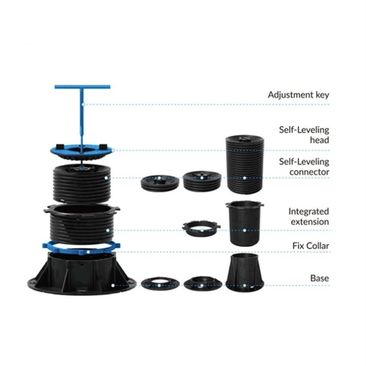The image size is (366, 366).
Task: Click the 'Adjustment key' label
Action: click(298, 95)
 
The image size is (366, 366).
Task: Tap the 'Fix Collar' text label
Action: click(311, 246)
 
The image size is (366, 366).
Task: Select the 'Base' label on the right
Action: click(319, 278)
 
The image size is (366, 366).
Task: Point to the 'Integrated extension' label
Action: click(309, 217)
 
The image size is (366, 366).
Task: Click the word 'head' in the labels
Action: click(319, 140)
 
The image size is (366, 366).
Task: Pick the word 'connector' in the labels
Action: click(309, 172)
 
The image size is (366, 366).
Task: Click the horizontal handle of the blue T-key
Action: click(82, 87)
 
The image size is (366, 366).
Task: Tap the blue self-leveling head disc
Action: click(81, 152)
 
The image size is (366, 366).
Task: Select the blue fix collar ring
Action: click(81, 248)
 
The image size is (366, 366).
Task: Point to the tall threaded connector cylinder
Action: click(245, 164)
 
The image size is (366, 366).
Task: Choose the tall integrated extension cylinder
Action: click(245, 223)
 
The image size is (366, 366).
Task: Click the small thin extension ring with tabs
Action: click(201, 229)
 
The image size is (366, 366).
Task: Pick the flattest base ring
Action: click(160, 284)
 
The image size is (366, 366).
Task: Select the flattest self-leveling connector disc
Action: click(160, 184)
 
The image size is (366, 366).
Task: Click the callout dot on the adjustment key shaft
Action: click(83, 104)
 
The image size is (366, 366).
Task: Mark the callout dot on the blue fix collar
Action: click(88, 252)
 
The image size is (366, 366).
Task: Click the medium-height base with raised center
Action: click(203, 283)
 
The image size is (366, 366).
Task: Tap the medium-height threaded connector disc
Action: click(202, 181)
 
